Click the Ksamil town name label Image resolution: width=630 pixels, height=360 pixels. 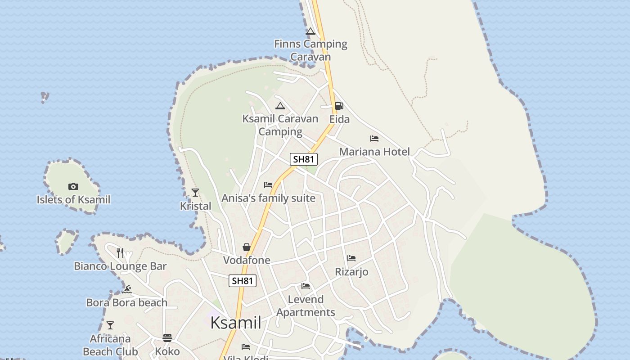click(x=235, y=323)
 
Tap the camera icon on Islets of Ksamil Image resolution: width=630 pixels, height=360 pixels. click(x=73, y=186)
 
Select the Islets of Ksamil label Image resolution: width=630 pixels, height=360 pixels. click(x=73, y=199)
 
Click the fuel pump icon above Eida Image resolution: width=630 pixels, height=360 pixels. click(x=339, y=106)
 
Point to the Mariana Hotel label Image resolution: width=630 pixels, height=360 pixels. click(x=374, y=152)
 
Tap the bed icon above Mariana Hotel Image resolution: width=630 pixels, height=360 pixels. click(x=374, y=139)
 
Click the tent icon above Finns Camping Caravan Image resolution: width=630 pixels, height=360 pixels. click(x=310, y=31)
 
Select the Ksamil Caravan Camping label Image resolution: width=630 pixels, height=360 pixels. click(x=280, y=125)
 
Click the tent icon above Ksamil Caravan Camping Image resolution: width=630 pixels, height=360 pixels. click(x=280, y=106)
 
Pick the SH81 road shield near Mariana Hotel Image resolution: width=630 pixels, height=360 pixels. click(x=304, y=159)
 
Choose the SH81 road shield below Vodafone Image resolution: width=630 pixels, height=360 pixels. click(x=243, y=281)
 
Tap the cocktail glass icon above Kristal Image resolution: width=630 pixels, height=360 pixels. click(x=195, y=193)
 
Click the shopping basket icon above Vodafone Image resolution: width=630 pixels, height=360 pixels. click(x=247, y=247)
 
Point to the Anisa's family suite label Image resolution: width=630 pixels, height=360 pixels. click(x=268, y=198)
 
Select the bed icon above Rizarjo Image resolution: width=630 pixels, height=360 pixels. click(x=351, y=258)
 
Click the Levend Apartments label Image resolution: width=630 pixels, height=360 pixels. click(x=306, y=306)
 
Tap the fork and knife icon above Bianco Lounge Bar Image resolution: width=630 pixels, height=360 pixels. click(x=120, y=253)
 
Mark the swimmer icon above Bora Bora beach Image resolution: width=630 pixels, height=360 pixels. click(x=127, y=289)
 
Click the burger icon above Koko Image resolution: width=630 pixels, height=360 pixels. click(x=167, y=338)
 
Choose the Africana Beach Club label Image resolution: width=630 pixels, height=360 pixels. click(x=110, y=345)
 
